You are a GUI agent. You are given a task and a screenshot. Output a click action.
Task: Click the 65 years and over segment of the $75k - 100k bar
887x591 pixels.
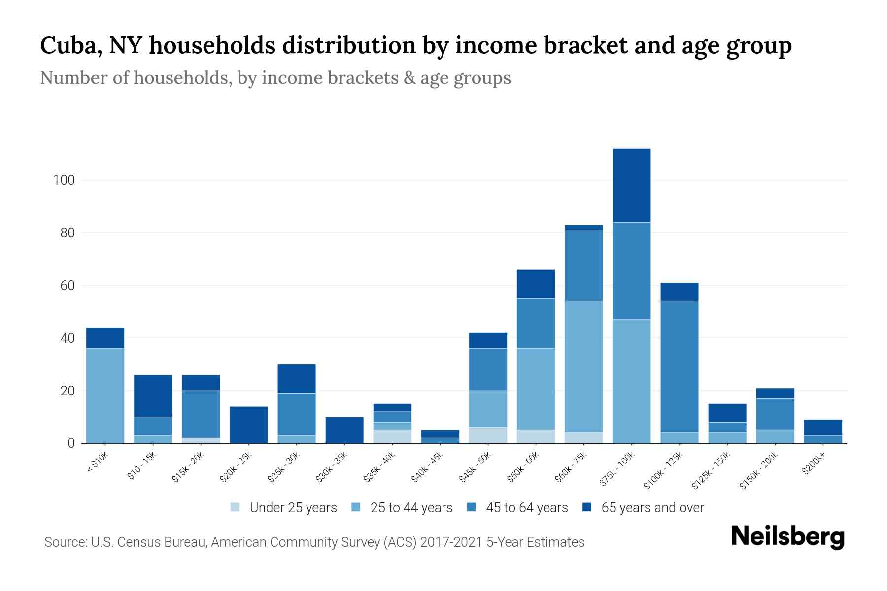pyautogui.click(x=631, y=185)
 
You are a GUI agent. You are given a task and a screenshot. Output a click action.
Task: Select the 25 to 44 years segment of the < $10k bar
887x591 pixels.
pyautogui.click(x=105, y=395)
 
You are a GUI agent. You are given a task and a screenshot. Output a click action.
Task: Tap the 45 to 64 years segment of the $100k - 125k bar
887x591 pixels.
pyautogui.click(x=679, y=366)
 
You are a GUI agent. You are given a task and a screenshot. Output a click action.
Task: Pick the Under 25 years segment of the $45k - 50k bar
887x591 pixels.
pyautogui.click(x=488, y=435)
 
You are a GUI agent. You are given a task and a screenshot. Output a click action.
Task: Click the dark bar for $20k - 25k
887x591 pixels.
pyautogui.click(x=248, y=425)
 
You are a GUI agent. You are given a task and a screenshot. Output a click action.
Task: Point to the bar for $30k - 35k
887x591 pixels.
pyautogui.click(x=344, y=430)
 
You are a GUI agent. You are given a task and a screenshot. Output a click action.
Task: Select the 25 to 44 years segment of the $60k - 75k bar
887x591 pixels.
pyautogui.click(x=583, y=366)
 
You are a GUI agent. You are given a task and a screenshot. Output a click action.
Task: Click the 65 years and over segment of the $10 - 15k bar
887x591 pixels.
pyautogui.click(x=153, y=395)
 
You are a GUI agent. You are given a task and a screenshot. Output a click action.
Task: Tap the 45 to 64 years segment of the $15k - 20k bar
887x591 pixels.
pyautogui.click(x=201, y=414)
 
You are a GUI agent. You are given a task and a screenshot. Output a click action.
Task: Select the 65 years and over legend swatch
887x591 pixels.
pyautogui.click(x=586, y=507)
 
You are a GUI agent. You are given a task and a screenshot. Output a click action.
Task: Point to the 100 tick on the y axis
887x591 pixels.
pyautogui.click(x=64, y=180)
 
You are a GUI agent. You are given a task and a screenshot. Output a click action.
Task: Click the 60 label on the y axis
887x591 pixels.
pyautogui.click(x=67, y=286)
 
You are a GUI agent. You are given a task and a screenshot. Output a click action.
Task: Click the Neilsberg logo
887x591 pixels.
pyautogui.click(x=787, y=537)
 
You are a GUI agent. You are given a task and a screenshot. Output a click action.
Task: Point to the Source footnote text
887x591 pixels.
pyautogui.click(x=314, y=542)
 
